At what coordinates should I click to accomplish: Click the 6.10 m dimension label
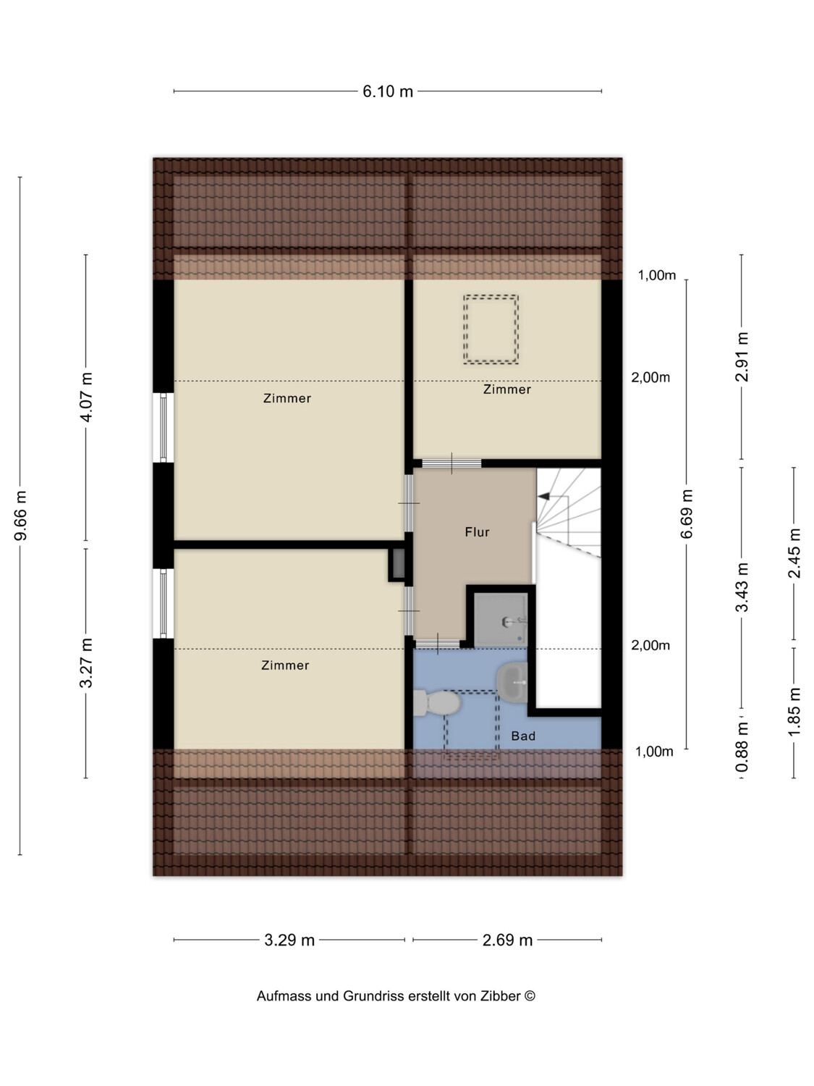[x=388, y=91]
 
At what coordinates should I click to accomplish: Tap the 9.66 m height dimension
[x=21, y=515]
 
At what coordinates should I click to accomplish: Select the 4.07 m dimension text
[x=87, y=397]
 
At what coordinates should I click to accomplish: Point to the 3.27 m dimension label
[x=87, y=663]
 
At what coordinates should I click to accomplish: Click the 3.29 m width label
[x=289, y=940]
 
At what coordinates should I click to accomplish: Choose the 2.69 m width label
[x=507, y=940]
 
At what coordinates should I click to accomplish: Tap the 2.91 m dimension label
[x=742, y=357]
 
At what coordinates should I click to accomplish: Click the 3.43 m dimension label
[x=742, y=586]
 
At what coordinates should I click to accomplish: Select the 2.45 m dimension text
[x=794, y=553]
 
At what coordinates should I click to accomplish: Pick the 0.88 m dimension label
[x=742, y=746]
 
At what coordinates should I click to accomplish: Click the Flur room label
[x=477, y=532]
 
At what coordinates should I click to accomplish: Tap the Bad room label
[x=523, y=736]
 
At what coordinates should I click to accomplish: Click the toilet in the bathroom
[x=437, y=703]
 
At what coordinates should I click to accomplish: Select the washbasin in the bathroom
[x=512, y=682]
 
